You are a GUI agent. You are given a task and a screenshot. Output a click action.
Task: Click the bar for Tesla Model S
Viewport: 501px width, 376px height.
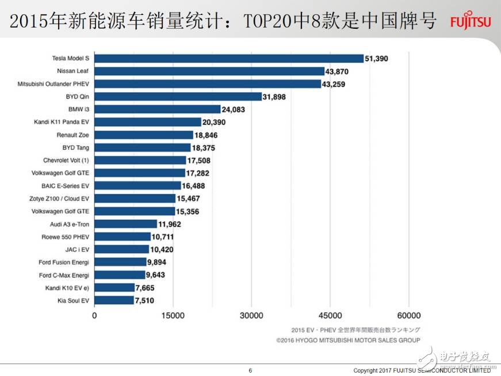(229, 58)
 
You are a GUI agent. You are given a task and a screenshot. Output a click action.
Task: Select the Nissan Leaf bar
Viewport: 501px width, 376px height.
(209, 71)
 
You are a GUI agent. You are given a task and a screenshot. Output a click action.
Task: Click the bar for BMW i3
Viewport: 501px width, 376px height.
(158, 109)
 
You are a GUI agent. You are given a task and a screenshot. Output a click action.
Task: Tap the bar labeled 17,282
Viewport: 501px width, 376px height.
(140, 173)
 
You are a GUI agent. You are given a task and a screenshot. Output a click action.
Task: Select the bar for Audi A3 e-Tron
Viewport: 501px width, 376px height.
(125, 224)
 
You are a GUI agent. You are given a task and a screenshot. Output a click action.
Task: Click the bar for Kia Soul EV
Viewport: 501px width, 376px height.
(114, 300)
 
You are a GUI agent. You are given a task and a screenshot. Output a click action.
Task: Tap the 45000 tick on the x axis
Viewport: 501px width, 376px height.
(330, 316)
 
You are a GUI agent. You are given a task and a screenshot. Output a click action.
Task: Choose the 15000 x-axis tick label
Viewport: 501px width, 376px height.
(173, 316)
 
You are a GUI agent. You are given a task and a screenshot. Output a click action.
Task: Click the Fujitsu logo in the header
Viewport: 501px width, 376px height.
(471, 22)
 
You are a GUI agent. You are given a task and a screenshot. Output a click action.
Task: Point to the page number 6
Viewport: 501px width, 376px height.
(250, 370)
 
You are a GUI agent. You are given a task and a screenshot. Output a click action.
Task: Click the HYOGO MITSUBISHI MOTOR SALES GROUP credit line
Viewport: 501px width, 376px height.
(348, 340)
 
